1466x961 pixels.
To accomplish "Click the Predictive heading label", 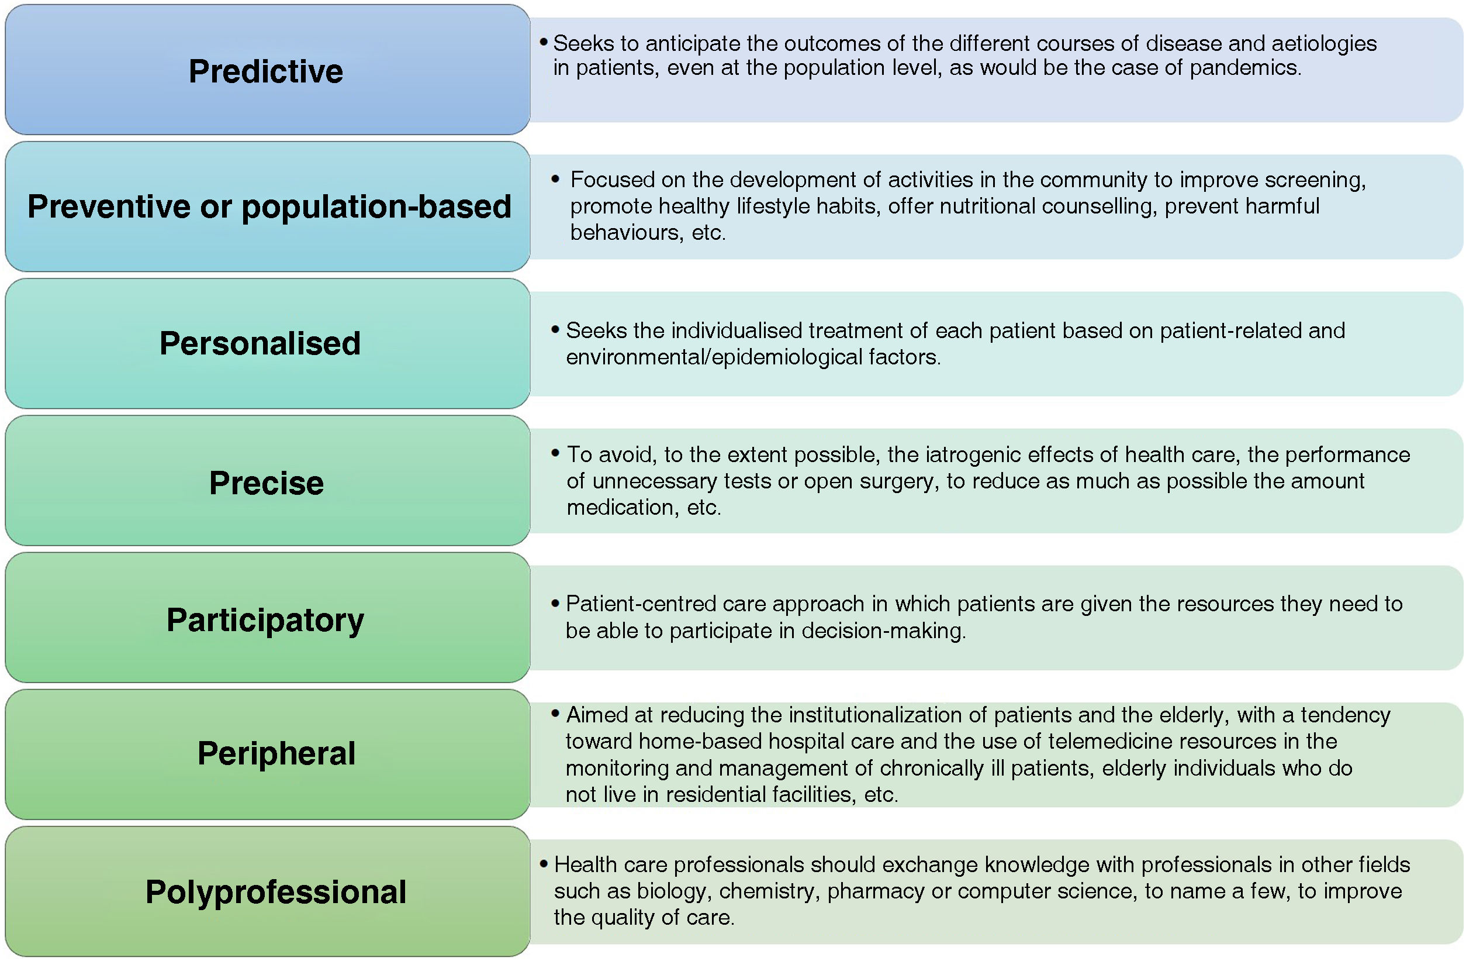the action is point(265,71).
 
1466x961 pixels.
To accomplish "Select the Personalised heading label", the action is point(260,343).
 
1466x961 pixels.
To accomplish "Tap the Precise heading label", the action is point(266,483).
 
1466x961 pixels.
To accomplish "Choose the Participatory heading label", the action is point(265,619).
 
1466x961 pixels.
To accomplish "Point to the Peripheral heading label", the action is point(276,753).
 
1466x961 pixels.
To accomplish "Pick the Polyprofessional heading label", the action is point(275,892).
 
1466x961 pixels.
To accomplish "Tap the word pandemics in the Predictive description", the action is point(1245,68).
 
